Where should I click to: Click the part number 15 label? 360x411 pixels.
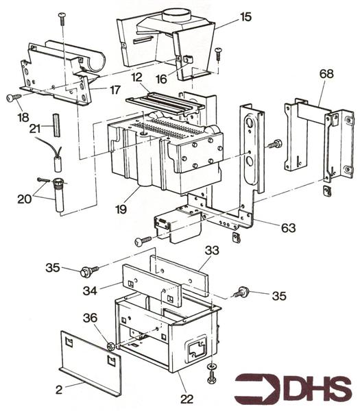pyautogui.click(x=245, y=16)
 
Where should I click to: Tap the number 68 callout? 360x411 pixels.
pyautogui.click(x=326, y=74)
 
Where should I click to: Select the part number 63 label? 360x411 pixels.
pyautogui.click(x=289, y=228)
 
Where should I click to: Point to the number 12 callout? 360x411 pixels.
pyautogui.click(x=137, y=77)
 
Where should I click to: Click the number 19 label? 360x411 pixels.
pyautogui.click(x=121, y=209)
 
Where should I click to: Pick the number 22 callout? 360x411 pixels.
pyautogui.click(x=187, y=399)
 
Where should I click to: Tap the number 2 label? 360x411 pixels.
pyautogui.click(x=59, y=390)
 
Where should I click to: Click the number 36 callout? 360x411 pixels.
pyautogui.click(x=90, y=318)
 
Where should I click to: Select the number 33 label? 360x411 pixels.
pyautogui.click(x=212, y=250)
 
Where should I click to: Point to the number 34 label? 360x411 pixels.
pyautogui.click(x=90, y=290)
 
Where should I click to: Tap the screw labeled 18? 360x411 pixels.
pyautogui.click(x=14, y=97)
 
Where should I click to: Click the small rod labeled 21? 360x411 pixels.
pyautogui.click(x=57, y=125)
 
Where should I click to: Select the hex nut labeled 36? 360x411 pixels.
pyautogui.click(x=110, y=346)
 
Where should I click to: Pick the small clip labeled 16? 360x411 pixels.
pyautogui.click(x=187, y=59)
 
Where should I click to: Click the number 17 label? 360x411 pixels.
pyautogui.click(x=115, y=90)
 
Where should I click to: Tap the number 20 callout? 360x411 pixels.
pyautogui.click(x=25, y=199)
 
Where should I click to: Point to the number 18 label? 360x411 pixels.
pyautogui.click(x=23, y=117)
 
